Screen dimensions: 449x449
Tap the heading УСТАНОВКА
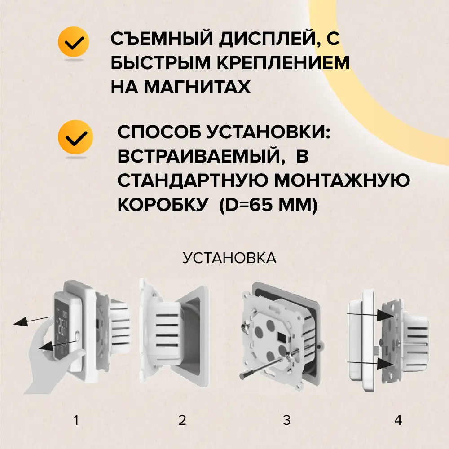click(229, 258)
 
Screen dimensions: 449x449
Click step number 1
click(76, 420)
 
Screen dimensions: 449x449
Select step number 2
click(182, 420)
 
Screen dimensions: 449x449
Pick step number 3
click(286, 420)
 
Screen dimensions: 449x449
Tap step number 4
click(398, 420)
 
